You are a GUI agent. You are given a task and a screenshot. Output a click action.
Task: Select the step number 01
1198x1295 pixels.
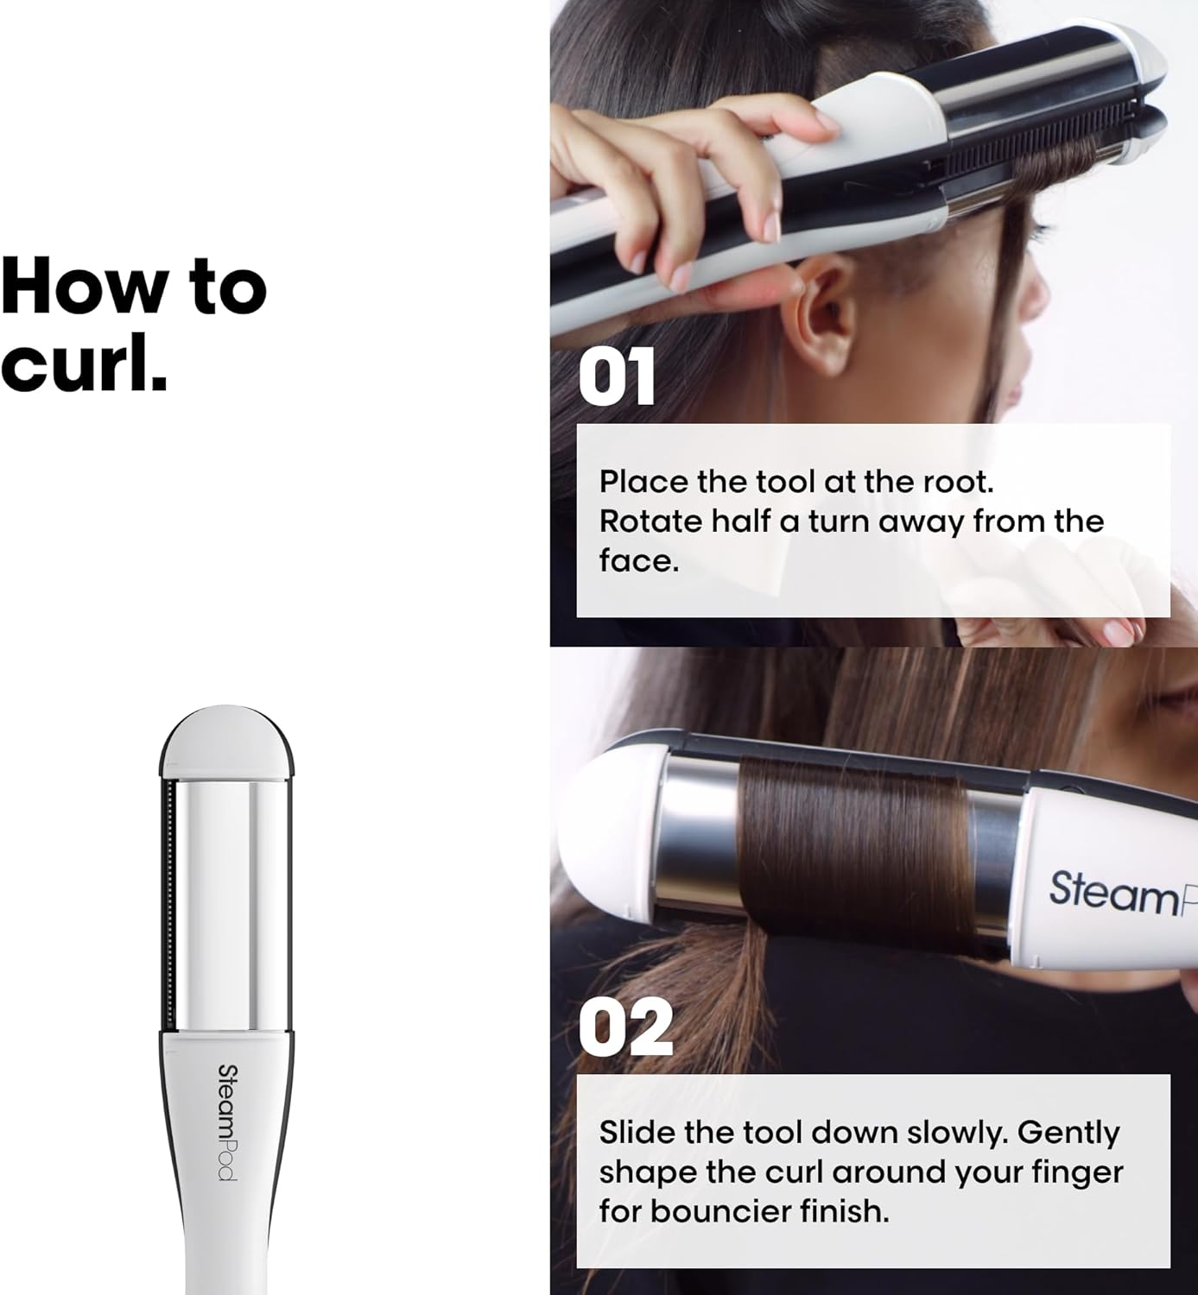[617, 377]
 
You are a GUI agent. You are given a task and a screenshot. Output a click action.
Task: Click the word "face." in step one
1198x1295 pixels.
[639, 561]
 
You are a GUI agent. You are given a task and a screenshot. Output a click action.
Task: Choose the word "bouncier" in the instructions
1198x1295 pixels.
[721, 1211]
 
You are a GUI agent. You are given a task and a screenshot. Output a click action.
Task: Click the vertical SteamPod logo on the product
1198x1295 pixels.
[227, 1121]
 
